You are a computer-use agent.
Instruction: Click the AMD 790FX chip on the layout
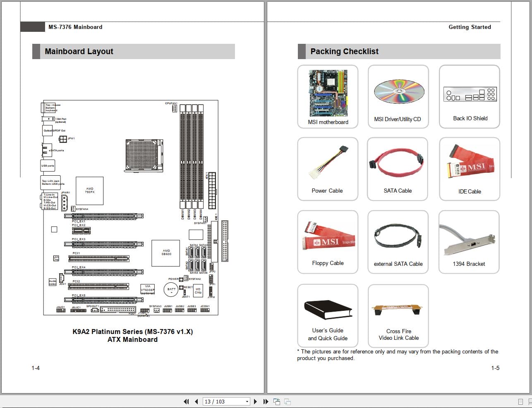coord(89,191)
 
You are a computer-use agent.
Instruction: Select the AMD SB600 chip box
coord(166,253)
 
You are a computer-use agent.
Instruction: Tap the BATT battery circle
coord(171,290)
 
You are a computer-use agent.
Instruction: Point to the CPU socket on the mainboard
coord(141,155)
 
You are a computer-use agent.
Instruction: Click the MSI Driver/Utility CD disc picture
coord(399,92)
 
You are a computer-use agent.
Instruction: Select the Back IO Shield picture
coord(470,95)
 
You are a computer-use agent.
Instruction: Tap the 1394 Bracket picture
coord(469,239)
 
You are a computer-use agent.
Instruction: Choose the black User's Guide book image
coord(328,310)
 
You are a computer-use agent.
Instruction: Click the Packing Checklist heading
coord(344,52)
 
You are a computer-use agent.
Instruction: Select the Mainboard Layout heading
coord(79,52)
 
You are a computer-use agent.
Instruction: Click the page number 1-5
coord(495,368)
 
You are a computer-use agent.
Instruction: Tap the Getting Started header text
coord(470,27)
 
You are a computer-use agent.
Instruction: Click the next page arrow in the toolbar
coord(255,401)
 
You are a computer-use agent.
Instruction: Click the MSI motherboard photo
coord(328,93)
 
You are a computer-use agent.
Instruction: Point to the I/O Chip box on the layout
coord(198,291)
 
